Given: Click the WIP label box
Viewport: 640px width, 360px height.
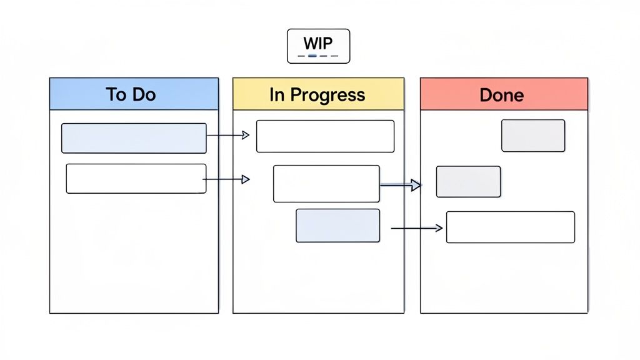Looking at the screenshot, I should (x=318, y=46).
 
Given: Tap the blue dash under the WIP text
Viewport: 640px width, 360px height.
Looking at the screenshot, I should (x=313, y=56).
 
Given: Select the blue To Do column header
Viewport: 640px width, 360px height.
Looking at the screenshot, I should (x=134, y=94).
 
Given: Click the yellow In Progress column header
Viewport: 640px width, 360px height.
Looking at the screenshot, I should (x=318, y=94).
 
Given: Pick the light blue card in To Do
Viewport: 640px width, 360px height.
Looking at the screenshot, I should (x=134, y=138).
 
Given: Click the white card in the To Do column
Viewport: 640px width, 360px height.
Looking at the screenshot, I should (x=136, y=178).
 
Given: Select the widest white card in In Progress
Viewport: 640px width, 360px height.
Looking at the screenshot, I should (x=325, y=136).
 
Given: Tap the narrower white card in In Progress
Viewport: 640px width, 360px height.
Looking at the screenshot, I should (x=326, y=184).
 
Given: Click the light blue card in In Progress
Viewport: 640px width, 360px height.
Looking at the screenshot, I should (x=337, y=226).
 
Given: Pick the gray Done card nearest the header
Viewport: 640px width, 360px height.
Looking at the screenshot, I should (x=533, y=136).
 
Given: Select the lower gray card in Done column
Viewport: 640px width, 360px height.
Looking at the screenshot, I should (x=468, y=182).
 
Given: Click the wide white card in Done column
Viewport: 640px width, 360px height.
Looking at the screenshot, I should (x=510, y=227).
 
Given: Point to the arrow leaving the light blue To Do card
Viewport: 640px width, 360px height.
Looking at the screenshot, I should (x=228, y=135).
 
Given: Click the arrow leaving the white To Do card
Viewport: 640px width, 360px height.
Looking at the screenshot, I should (x=227, y=179).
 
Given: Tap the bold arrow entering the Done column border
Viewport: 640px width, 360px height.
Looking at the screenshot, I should (x=401, y=185).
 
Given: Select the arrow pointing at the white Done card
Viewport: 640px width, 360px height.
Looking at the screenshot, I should (x=416, y=229).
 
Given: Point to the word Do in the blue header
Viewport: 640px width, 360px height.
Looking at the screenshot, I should (x=144, y=94).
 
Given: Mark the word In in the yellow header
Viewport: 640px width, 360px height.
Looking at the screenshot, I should (x=277, y=95).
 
